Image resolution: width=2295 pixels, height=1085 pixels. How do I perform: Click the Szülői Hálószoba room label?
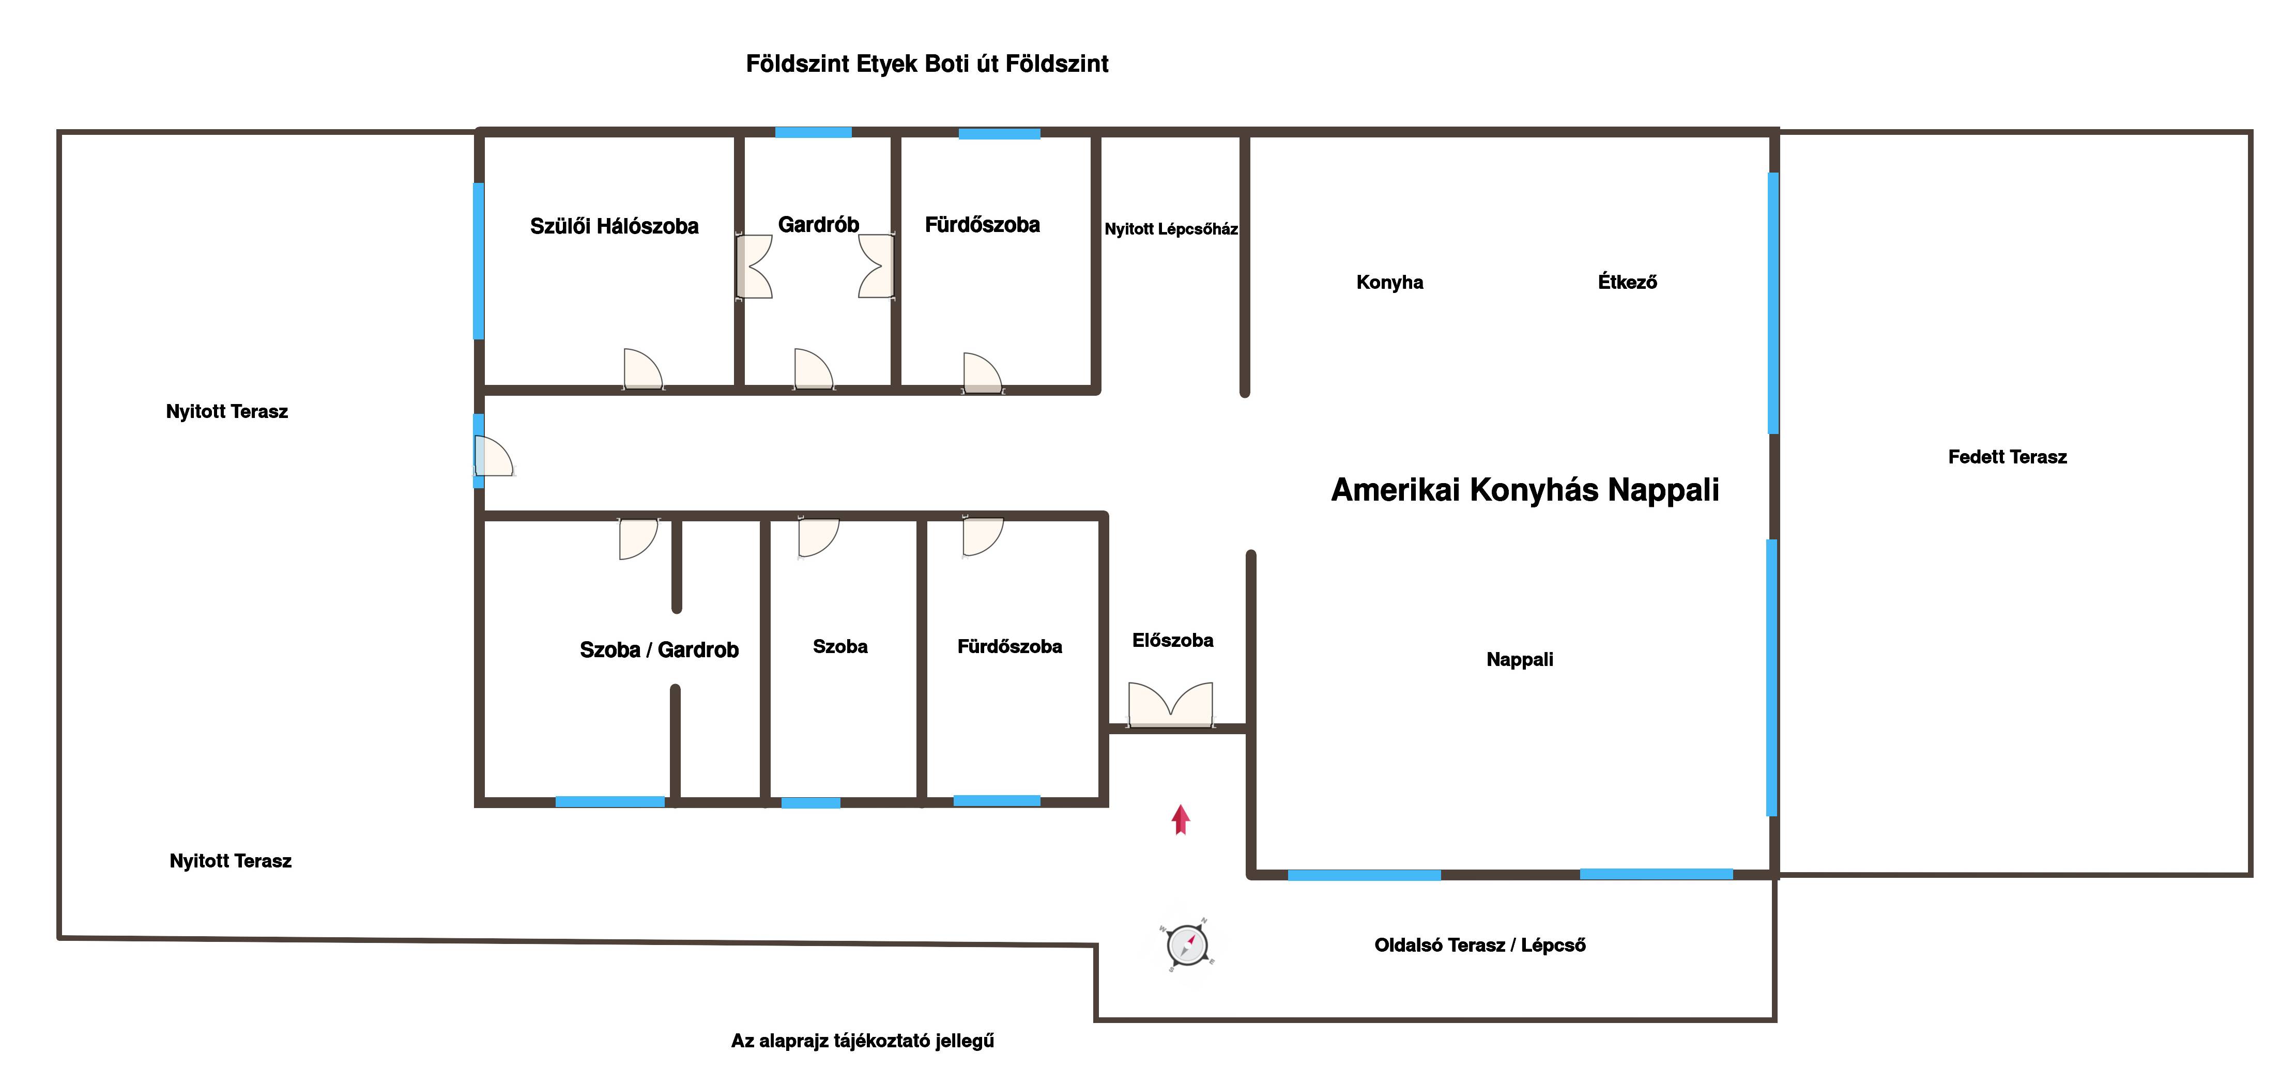(x=614, y=226)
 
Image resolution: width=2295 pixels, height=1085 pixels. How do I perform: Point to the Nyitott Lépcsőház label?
(x=1171, y=229)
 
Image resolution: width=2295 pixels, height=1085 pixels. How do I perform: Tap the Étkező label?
(x=1627, y=283)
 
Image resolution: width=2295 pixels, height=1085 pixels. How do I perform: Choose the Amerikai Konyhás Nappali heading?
(x=1524, y=490)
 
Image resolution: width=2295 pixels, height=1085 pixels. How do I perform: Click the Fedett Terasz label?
(x=2007, y=457)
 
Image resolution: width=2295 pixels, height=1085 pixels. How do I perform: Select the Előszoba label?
(x=1172, y=641)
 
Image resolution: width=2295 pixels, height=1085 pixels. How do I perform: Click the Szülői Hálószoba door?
(x=642, y=370)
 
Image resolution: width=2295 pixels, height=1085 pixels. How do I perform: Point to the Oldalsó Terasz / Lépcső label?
(x=1480, y=945)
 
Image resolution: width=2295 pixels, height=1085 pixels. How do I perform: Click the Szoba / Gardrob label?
(x=659, y=650)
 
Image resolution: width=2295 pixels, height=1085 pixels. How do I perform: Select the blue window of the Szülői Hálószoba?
(x=479, y=261)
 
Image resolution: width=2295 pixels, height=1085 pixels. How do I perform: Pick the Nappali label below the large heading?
(x=1519, y=660)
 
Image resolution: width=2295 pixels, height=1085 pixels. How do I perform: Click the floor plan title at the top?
(x=927, y=64)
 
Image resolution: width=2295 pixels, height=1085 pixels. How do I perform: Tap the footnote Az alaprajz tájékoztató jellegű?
(x=862, y=1041)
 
